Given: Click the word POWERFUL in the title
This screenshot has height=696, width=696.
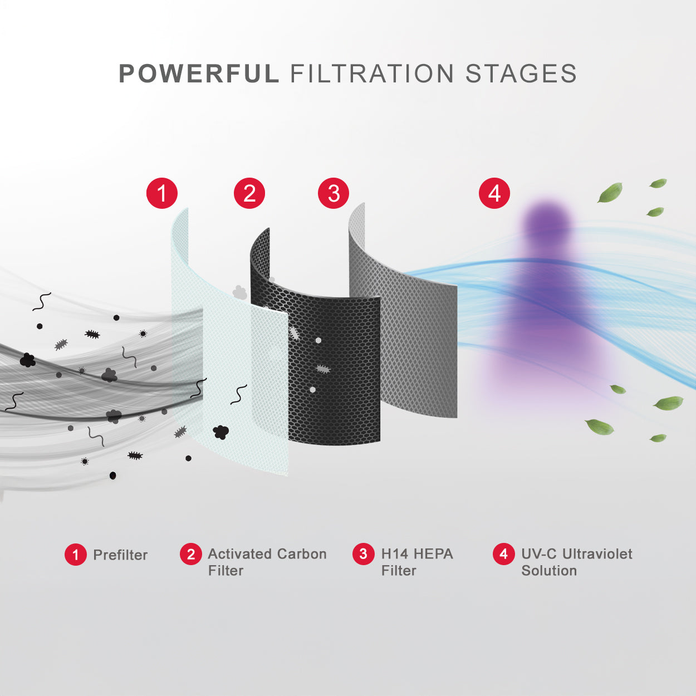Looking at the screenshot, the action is click(x=199, y=73).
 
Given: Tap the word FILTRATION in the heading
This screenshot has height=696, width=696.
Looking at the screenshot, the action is click(x=371, y=73).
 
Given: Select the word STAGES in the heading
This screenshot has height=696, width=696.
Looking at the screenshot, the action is click(x=521, y=73).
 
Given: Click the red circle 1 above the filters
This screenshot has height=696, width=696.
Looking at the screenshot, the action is click(x=162, y=193).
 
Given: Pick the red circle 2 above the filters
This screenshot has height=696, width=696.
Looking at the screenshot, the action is click(x=249, y=193).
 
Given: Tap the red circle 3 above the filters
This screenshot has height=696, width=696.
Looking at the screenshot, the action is click(x=334, y=193).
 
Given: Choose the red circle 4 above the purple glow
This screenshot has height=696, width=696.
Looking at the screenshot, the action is click(x=494, y=193).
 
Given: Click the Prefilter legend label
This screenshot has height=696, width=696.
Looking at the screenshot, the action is click(x=120, y=555).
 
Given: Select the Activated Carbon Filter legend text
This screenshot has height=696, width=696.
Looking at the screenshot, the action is click(x=267, y=562).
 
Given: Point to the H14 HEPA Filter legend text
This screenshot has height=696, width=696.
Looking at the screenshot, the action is click(x=417, y=562).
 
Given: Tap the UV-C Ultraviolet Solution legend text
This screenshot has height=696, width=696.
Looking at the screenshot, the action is click(x=576, y=562).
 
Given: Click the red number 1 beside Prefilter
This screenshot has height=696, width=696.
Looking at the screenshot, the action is click(x=76, y=555).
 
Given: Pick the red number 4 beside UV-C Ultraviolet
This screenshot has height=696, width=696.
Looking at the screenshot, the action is click(x=503, y=553).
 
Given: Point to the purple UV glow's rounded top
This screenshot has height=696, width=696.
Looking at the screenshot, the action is click(x=547, y=218).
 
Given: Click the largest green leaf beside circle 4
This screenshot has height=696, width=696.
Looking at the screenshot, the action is click(x=610, y=192).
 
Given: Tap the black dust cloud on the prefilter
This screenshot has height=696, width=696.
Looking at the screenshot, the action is click(x=220, y=432).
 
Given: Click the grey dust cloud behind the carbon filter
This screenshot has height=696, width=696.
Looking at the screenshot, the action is click(x=239, y=292).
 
